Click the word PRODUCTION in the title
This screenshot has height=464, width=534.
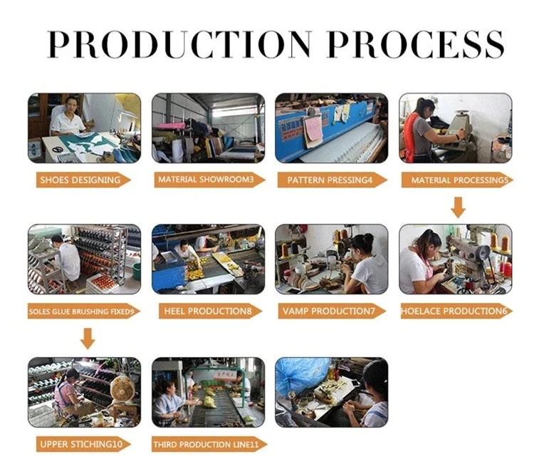coord(179,44)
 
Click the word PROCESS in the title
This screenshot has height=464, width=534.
coord(416,44)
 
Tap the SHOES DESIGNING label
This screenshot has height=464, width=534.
coord(80,180)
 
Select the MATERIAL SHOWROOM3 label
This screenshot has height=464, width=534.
coord(206,180)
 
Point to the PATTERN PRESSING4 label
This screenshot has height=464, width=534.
coord(330,180)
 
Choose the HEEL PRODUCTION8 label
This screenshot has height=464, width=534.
coord(208,311)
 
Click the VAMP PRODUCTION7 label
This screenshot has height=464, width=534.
coord(329,311)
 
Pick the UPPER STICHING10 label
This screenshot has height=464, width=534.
coord(81,444)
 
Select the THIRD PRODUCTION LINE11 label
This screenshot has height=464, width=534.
coord(206,445)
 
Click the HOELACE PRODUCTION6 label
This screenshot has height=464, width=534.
coord(454,311)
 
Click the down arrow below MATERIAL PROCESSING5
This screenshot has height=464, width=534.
coord(458,207)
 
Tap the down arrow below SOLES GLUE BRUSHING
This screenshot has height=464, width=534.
coord(88,339)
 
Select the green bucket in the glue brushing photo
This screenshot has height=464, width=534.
coord(136,272)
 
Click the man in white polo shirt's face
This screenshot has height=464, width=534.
coord(71,106)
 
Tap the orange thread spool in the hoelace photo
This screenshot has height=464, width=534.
coord(504,244)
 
